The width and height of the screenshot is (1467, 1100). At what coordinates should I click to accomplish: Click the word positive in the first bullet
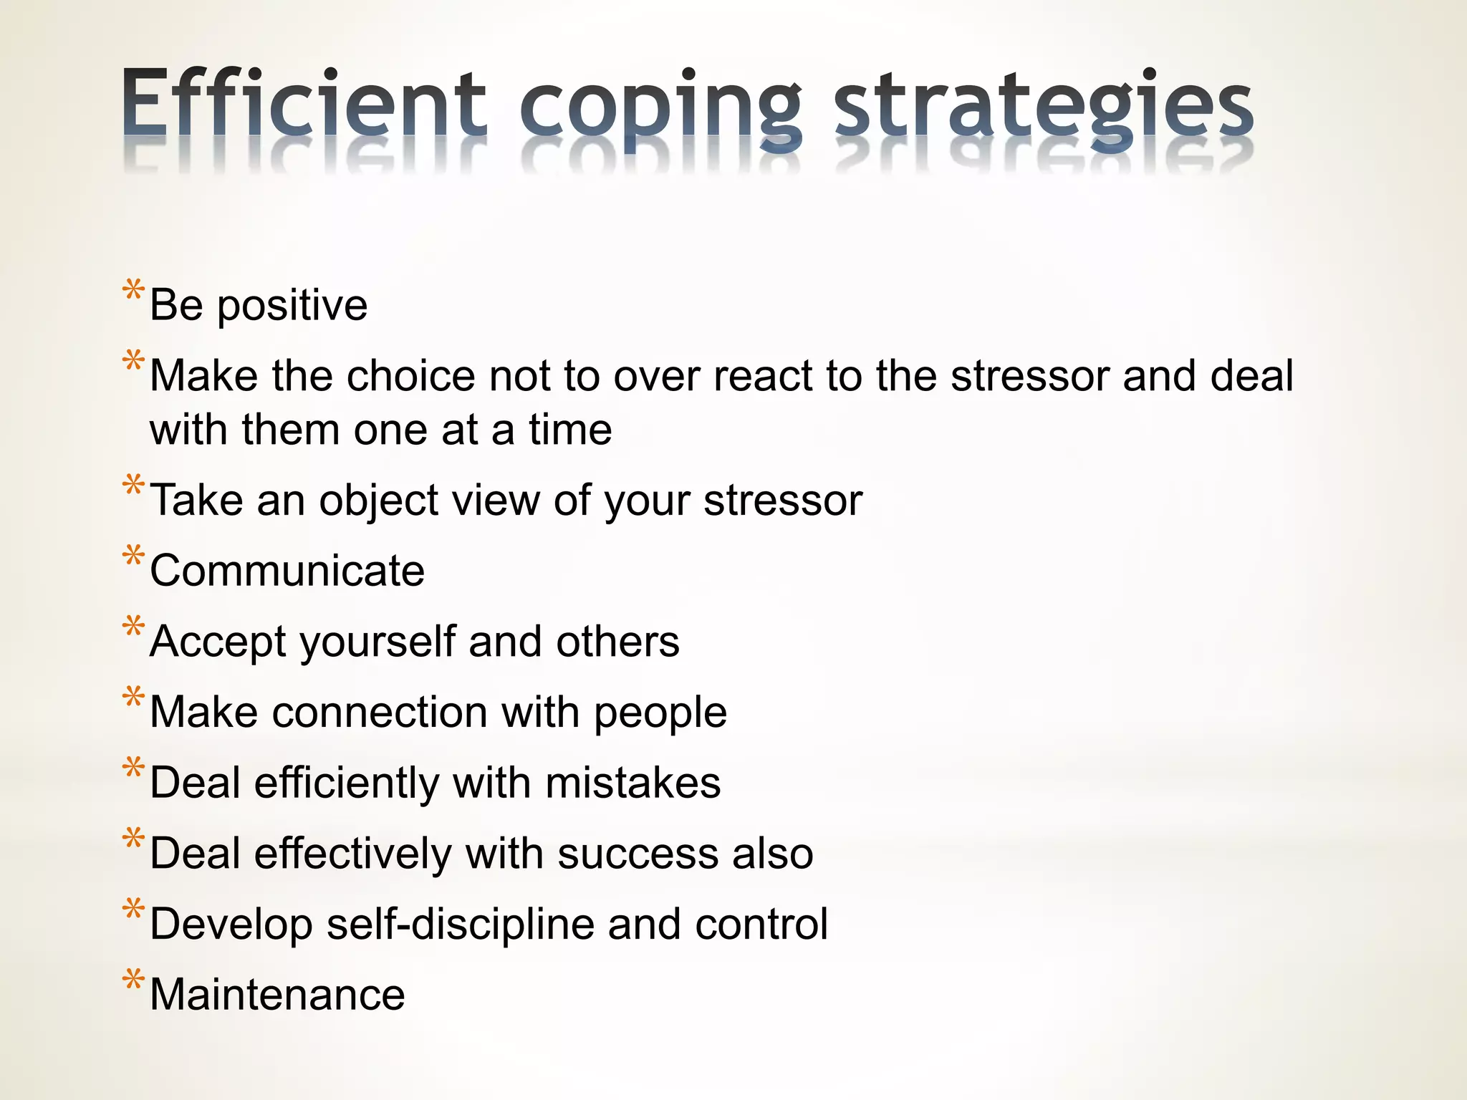[x=292, y=307]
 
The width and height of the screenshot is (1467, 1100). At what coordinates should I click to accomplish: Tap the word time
[x=570, y=430]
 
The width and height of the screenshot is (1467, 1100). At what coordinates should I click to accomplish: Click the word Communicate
[x=287, y=571]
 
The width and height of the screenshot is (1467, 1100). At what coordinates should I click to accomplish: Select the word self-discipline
[x=460, y=925]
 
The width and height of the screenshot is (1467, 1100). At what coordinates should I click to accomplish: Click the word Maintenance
[x=277, y=995]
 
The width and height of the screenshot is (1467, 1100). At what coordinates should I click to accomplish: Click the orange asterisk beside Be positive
[x=133, y=292]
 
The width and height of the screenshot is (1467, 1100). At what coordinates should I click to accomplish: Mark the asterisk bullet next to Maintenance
[x=133, y=980]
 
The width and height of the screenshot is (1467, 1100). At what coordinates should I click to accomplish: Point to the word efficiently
[x=347, y=783]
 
